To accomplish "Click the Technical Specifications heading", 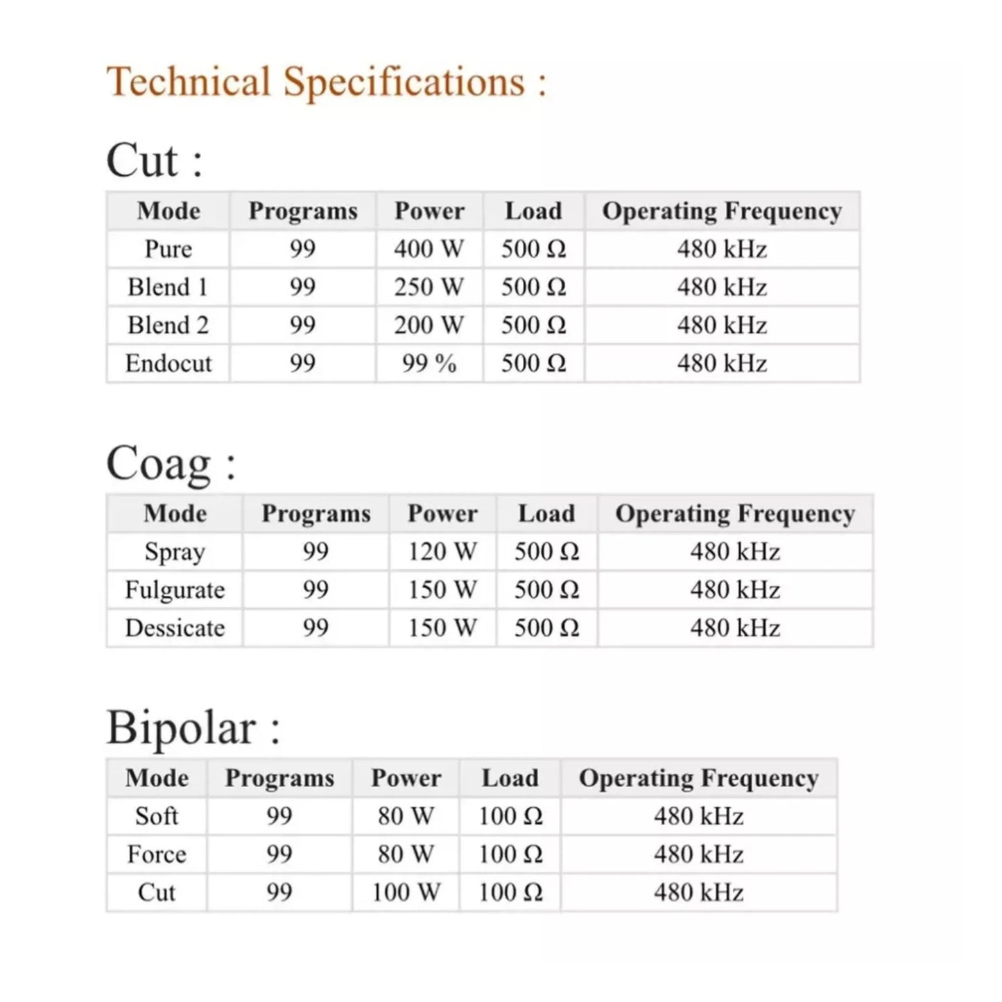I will coord(326,82).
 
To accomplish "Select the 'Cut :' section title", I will coord(154,160).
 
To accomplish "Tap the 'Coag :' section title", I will coord(171,463).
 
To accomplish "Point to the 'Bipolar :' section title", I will coord(193,727).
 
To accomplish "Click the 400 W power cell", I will coord(429,249).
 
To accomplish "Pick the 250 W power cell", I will coord(429,287).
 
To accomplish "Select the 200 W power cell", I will coord(429,325).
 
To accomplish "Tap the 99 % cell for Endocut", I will coord(429,363).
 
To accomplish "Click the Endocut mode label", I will coord(169,363).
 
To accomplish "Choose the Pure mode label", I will coord(169,249).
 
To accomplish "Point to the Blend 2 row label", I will coord(169,325).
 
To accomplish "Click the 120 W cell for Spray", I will coord(442,552).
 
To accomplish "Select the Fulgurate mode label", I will coord(175,590).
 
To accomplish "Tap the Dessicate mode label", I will coord(175,628).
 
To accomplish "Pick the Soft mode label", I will coord(157,816).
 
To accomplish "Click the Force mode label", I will coord(157,854).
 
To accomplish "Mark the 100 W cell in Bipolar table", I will coord(406,892).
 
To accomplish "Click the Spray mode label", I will coord(175,552).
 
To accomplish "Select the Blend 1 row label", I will coord(169,287).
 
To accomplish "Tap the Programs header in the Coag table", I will coord(316,514).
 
